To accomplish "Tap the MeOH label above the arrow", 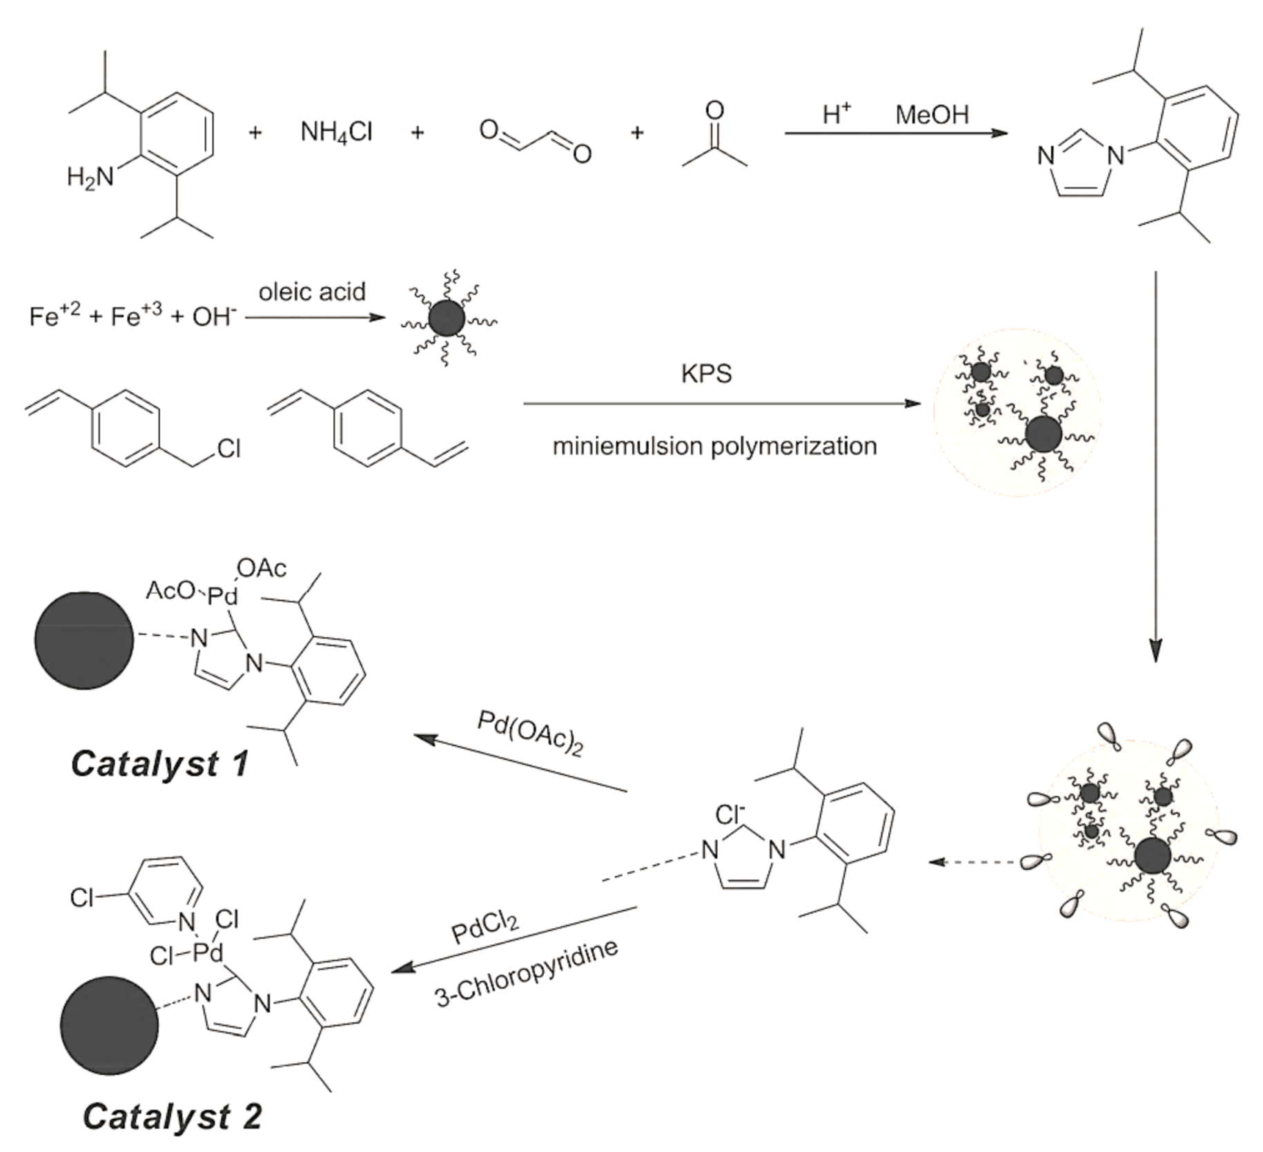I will (x=932, y=115).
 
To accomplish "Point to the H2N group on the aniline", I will (x=90, y=178).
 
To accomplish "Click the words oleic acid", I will (x=312, y=292).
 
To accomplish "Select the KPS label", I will (x=706, y=373).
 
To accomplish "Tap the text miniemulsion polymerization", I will (x=714, y=447).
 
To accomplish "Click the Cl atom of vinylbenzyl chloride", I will (x=228, y=449).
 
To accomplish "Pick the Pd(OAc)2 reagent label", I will (x=531, y=734).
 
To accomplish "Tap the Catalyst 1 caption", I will (x=159, y=764).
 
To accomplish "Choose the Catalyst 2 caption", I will (x=173, y=1116).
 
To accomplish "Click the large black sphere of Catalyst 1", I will (x=84, y=640).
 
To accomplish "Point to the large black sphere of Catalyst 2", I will (x=109, y=1025).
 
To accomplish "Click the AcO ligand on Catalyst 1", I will (x=170, y=591).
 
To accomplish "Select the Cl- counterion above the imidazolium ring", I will (x=730, y=815).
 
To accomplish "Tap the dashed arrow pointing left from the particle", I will (x=973, y=862).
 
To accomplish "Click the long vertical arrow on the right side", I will (x=1156, y=469).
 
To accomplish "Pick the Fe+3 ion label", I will (x=136, y=315).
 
